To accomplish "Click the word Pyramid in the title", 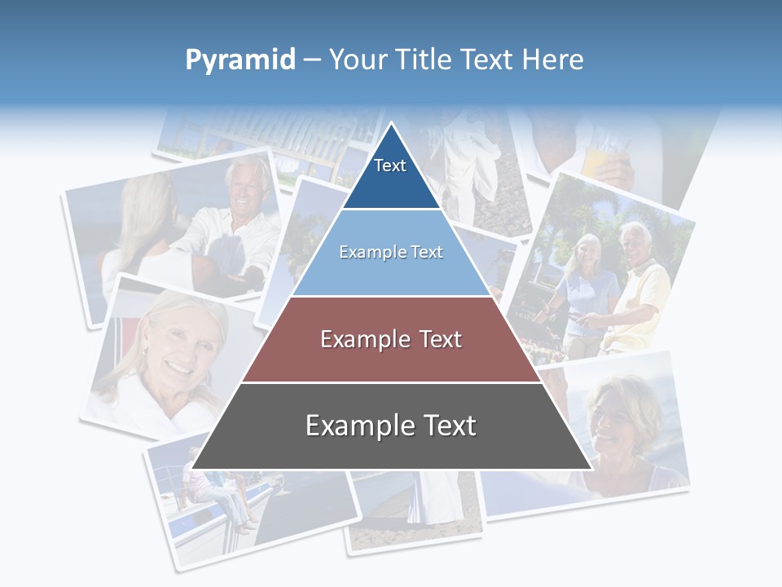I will click(x=239, y=60).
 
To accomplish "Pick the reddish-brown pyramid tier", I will click(x=391, y=340).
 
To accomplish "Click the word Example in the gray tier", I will click(x=355, y=426).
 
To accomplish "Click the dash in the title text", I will click(x=312, y=60).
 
